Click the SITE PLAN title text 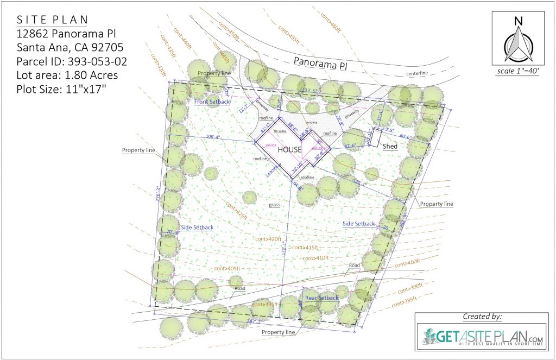point(51,20)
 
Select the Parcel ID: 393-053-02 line point(72,61)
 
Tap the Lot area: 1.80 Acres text point(67,75)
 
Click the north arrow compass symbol point(518,43)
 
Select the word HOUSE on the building point(289,150)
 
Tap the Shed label point(390,146)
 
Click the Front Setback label point(212,102)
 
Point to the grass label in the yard point(274,205)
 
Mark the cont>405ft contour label point(227,268)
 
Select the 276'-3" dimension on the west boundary point(158,195)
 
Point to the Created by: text point(482,317)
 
